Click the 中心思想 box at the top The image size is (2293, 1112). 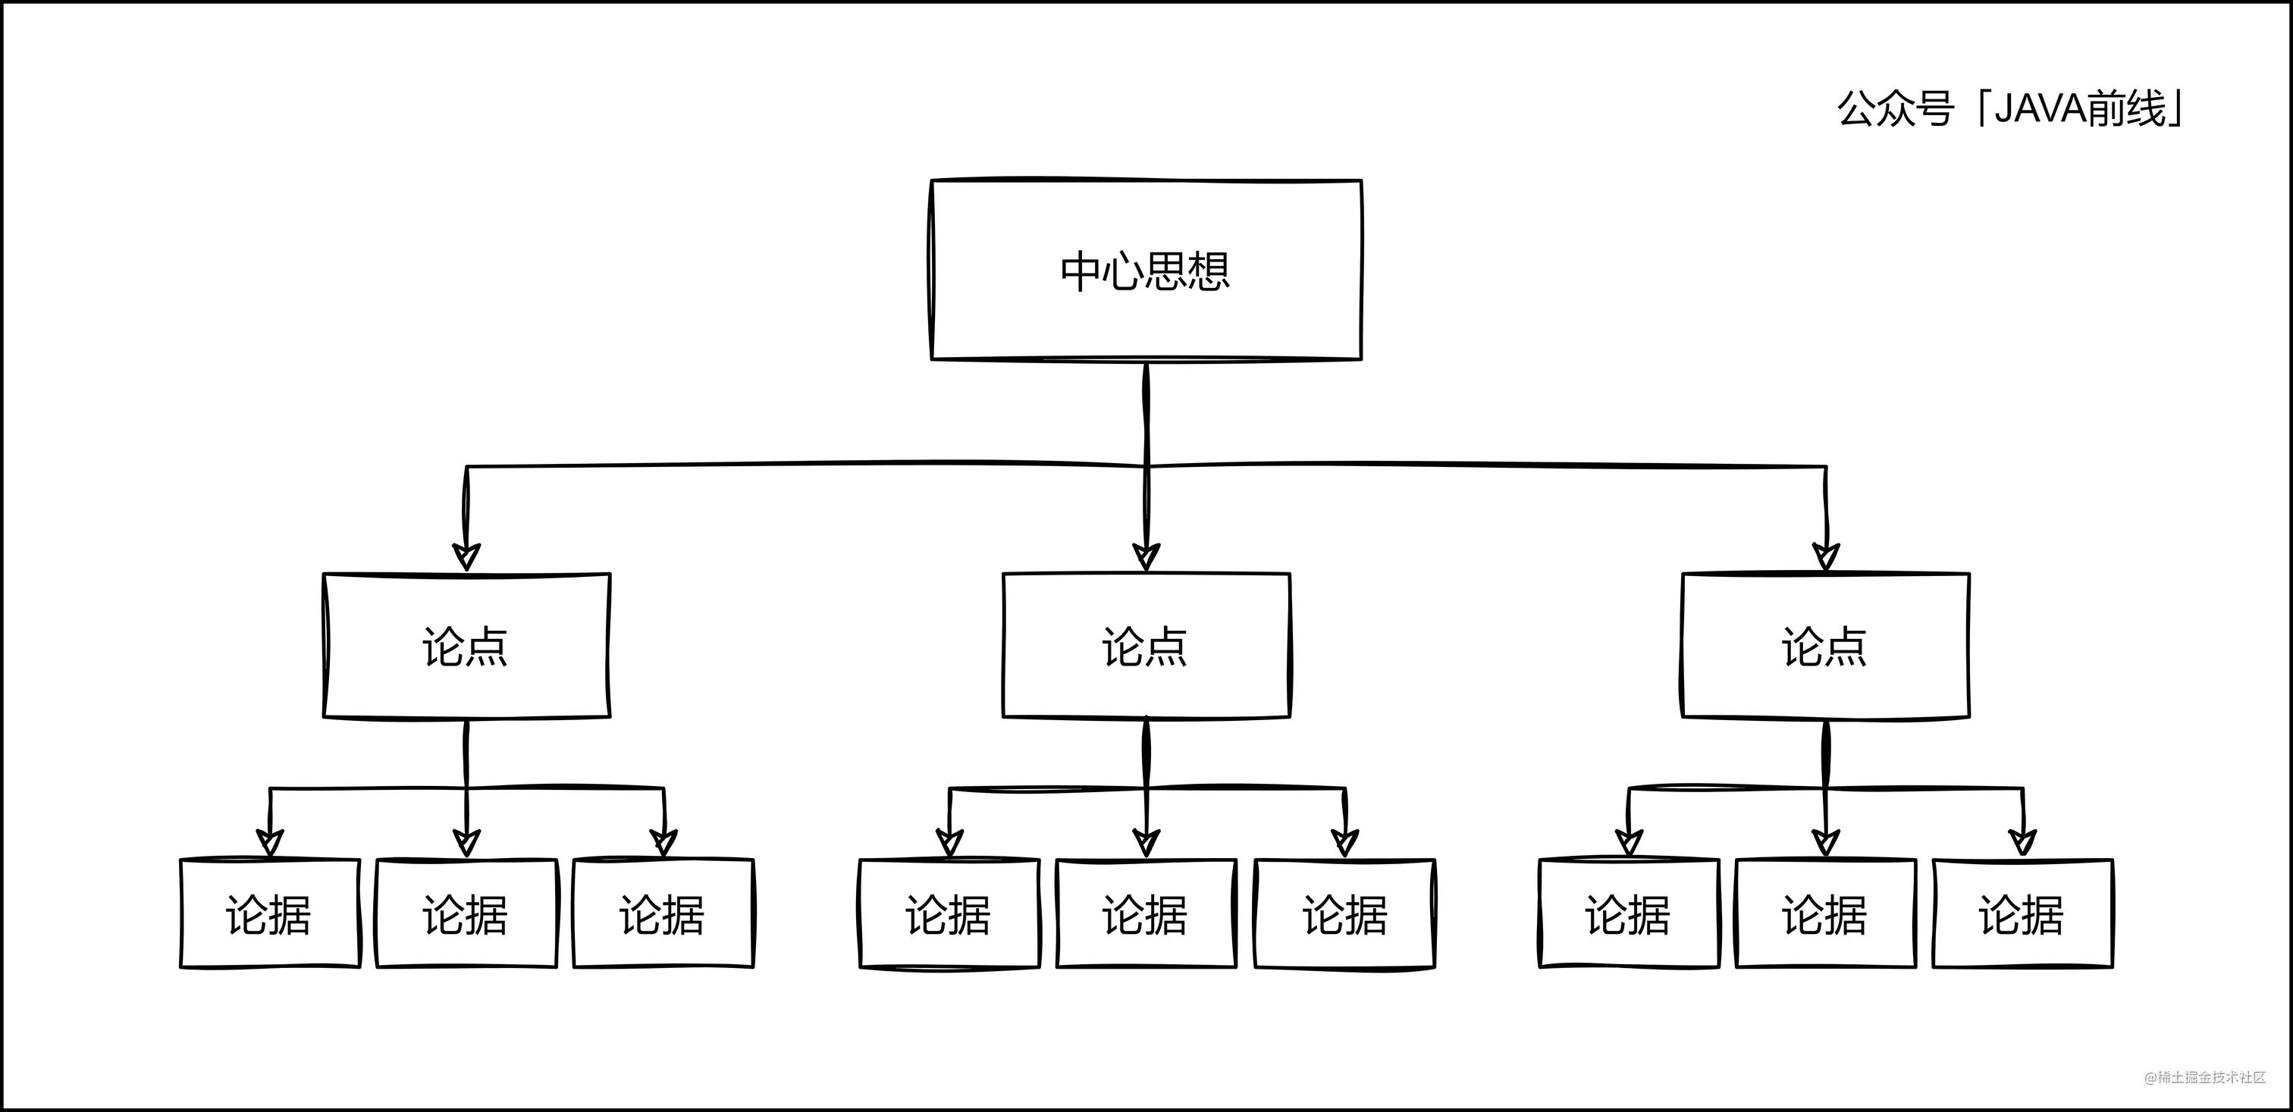click(x=1146, y=271)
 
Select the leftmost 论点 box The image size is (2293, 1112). click(x=466, y=646)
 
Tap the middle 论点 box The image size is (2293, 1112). click(x=1146, y=646)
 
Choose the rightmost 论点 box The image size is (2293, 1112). click(x=1825, y=646)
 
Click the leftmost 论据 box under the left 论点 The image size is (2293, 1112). click(x=270, y=913)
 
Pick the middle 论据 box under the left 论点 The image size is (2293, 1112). click(x=466, y=913)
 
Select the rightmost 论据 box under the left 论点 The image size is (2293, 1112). click(x=663, y=913)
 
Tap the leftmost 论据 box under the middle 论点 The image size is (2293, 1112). click(x=949, y=913)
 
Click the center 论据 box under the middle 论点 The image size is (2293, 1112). click(x=1146, y=913)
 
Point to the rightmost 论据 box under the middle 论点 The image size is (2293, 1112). click(x=1344, y=913)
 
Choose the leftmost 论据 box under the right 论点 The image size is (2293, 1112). click(x=1629, y=913)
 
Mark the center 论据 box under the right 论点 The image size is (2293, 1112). click(x=1825, y=913)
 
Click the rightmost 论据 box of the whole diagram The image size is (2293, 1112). click(x=2022, y=913)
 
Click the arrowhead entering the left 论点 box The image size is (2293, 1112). click(x=466, y=556)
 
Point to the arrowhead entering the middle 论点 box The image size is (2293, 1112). click(x=1146, y=556)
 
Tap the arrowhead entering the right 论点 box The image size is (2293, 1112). click(x=1826, y=556)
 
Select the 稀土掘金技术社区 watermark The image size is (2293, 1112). click(x=2204, y=1078)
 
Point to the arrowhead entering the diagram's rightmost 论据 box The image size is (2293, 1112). click(x=2022, y=841)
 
